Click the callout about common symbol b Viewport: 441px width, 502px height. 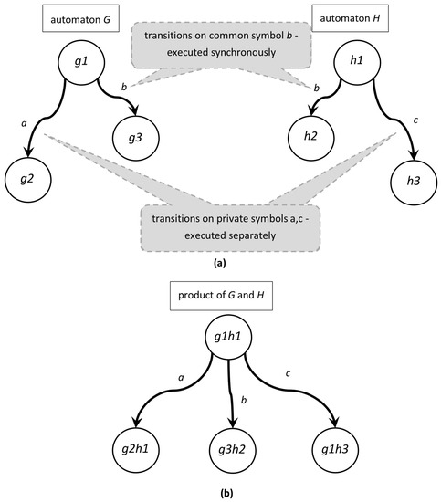219,43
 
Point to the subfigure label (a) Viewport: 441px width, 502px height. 219,262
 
